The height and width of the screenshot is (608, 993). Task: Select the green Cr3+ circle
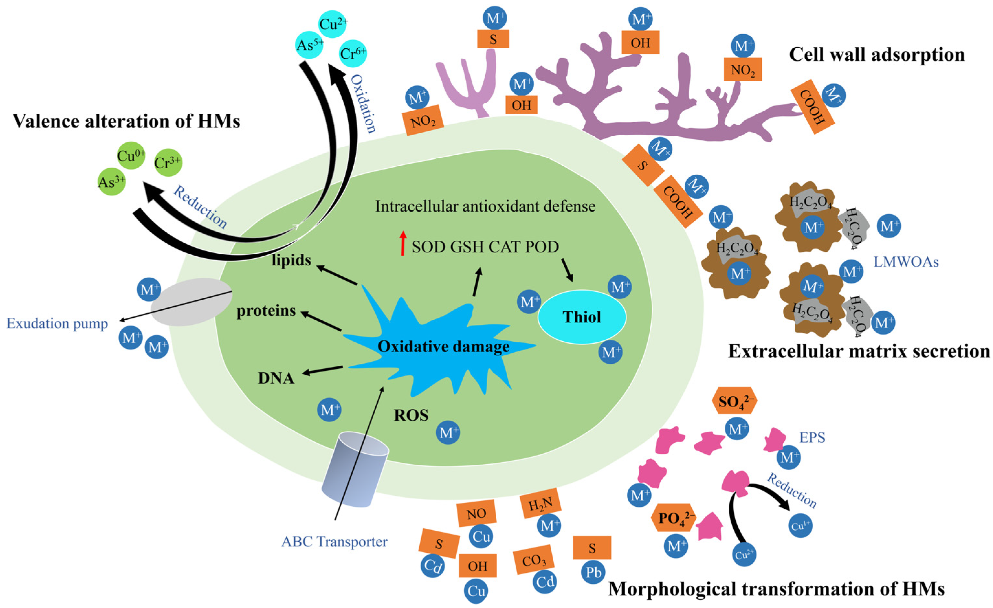click(168, 163)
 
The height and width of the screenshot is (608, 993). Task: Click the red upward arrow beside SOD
click(402, 243)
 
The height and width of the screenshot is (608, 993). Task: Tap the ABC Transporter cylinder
click(355, 470)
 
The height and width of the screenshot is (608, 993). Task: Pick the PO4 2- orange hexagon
click(673, 518)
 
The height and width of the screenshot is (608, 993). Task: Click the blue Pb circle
click(593, 572)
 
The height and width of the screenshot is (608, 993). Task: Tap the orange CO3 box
click(534, 560)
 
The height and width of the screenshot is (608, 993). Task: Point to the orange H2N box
click(540, 503)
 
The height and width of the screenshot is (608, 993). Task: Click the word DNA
click(276, 378)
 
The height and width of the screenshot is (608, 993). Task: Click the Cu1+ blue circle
click(800, 525)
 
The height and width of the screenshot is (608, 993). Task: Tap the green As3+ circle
click(112, 182)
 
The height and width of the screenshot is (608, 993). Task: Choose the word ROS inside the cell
click(411, 415)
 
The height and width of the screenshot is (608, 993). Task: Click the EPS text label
click(812, 437)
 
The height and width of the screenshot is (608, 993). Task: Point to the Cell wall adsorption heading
click(877, 54)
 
